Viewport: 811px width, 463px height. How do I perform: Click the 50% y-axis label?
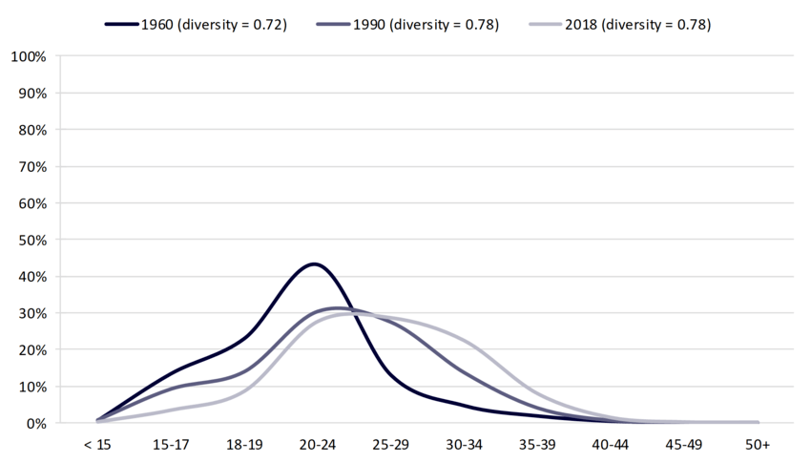tap(31, 240)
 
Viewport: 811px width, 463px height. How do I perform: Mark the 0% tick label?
tap(33, 423)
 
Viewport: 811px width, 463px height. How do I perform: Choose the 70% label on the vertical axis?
tap(31, 166)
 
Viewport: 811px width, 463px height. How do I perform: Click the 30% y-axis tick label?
tap(31, 313)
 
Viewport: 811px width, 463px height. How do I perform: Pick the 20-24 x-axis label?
tap(316, 446)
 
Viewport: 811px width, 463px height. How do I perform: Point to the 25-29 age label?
tap(389, 446)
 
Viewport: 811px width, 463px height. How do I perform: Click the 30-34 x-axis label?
tap(464, 446)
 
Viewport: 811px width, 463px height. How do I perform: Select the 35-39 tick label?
tap(537, 446)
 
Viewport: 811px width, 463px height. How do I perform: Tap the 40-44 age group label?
tap(611, 446)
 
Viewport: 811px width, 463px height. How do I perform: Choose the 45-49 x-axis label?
tap(684, 446)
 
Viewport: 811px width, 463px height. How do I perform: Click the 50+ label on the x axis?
tap(758, 446)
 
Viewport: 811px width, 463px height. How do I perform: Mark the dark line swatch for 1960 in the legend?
tap(123, 24)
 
